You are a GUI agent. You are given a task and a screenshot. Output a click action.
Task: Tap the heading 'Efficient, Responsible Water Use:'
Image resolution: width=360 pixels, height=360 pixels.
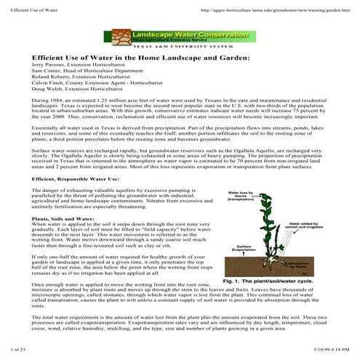click(x=74, y=178)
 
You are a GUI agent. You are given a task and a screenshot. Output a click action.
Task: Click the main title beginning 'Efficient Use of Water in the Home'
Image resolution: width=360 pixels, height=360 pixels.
click(x=140, y=57)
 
